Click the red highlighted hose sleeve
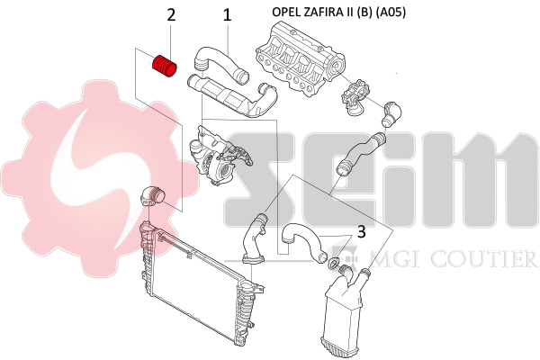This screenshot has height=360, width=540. [165, 67]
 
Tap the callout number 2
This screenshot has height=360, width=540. [171, 15]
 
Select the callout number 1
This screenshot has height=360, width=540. [227, 15]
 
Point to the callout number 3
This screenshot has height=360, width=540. [361, 232]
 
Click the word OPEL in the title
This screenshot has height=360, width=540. [286, 12]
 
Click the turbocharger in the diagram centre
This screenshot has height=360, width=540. [220, 156]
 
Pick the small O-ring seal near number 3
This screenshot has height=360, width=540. [333, 263]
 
